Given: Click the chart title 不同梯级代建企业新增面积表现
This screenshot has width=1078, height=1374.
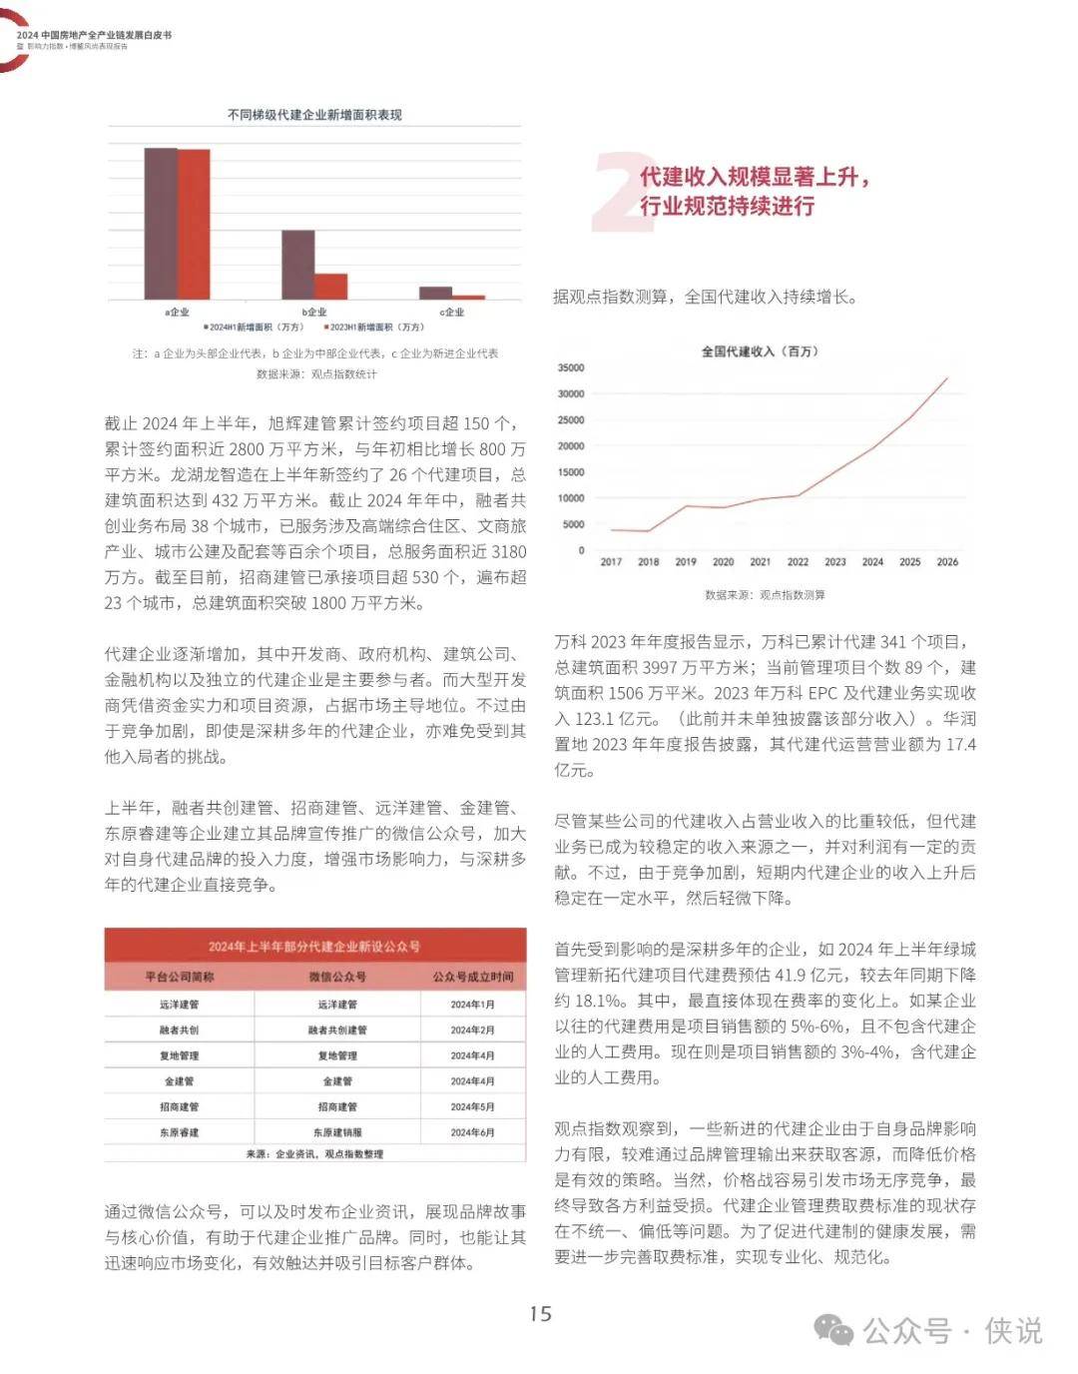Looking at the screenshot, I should click(314, 115).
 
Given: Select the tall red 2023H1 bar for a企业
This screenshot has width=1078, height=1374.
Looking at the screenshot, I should click(194, 224).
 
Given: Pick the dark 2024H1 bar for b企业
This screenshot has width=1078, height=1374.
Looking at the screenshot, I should click(297, 265).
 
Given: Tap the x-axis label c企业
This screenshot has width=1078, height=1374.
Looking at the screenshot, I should click(452, 312).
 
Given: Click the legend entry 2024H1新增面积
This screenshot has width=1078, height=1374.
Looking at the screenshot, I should click(255, 327).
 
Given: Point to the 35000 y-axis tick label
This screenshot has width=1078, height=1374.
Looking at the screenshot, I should click(571, 368).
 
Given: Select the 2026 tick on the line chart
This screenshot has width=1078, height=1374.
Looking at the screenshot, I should click(946, 562).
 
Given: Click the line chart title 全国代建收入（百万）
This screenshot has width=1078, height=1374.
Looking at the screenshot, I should click(759, 351).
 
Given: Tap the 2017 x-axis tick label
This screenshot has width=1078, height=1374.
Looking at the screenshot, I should click(611, 562).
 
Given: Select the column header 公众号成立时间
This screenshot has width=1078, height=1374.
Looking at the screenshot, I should click(473, 977).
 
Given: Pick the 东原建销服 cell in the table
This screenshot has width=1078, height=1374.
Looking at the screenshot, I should click(337, 1132).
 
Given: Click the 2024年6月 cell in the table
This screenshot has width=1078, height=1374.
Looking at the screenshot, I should click(472, 1132).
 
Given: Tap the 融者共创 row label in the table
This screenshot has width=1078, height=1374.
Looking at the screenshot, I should click(180, 1030).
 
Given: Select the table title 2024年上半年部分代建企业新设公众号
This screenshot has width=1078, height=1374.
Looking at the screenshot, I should click(314, 946).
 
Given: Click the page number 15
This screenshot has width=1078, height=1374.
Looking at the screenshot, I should click(540, 1314).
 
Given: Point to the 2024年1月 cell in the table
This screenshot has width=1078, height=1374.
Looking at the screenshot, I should click(472, 1005).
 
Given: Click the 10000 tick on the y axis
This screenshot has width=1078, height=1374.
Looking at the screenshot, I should click(571, 498).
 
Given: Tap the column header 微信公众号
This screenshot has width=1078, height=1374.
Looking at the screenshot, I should click(337, 977).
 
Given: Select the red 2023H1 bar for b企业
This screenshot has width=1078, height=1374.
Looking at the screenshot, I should click(331, 287).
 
